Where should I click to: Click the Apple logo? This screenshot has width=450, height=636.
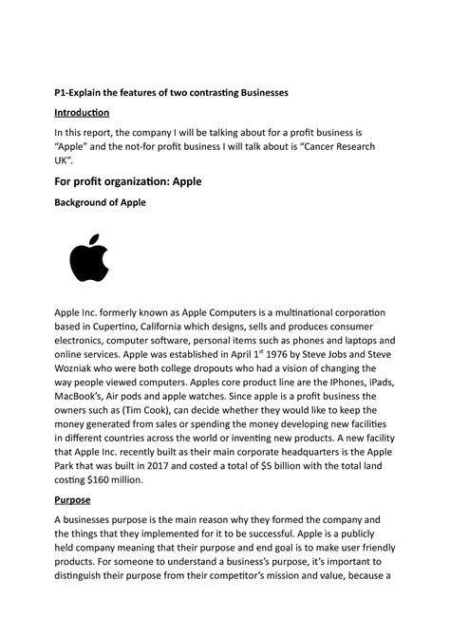click(90, 260)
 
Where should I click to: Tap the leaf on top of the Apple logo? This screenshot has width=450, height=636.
click(95, 235)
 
